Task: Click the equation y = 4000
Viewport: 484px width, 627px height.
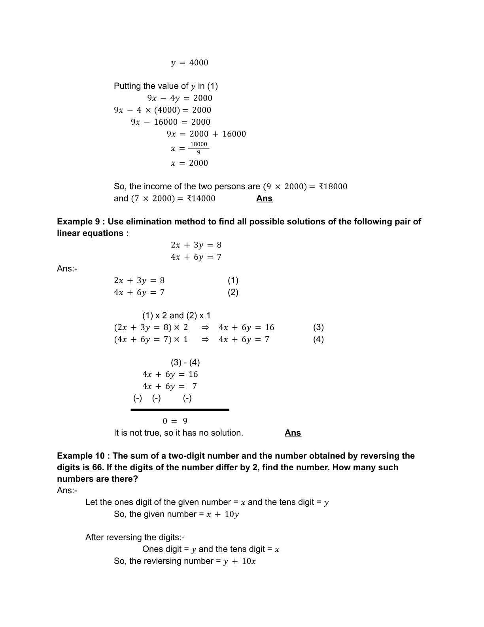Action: point(189,63)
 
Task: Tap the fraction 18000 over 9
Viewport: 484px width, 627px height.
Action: point(199,148)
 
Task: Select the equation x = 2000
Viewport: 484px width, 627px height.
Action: point(189,163)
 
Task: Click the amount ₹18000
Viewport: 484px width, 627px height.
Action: point(333,186)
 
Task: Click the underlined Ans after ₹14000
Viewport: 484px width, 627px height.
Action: point(264,198)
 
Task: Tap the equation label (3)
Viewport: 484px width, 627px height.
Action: point(318,327)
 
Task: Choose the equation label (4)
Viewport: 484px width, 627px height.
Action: point(318,339)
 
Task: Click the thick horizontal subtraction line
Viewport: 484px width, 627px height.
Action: point(180,410)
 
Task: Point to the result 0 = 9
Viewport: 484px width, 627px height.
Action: point(175,421)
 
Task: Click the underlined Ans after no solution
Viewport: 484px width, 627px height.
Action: point(293,433)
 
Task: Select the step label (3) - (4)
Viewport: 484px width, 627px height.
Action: point(185,363)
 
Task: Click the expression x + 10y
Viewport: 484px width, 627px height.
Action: point(223,514)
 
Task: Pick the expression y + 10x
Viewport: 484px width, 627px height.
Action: point(240,561)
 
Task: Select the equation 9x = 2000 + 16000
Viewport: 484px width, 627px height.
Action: point(206,134)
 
